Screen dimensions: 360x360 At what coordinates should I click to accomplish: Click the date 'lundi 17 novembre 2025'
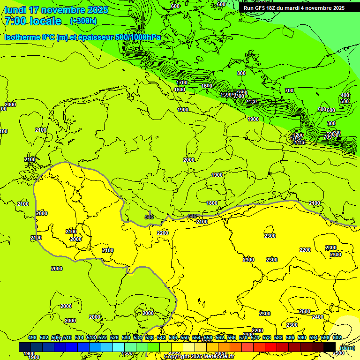pyautogui.click(x=56, y=10)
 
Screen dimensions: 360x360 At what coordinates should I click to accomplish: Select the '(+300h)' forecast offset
pyautogui.click(x=83, y=21)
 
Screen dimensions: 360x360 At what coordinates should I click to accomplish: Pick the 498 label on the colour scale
pyautogui.click(x=32, y=337)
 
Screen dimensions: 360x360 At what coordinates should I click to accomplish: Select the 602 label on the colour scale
pyautogui.click(x=337, y=337)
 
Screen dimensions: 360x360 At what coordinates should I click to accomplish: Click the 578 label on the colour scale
pyautogui.click(x=267, y=337)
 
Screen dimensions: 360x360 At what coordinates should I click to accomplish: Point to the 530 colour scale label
pyautogui.click(x=126, y=337)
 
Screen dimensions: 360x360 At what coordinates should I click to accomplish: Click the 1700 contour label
pyautogui.click(x=182, y=82)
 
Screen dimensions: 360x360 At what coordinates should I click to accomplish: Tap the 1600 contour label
pyautogui.click(x=207, y=86)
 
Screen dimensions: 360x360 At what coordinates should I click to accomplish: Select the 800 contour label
pyautogui.click(x=241, y=73)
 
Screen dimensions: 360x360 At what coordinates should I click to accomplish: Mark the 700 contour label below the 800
pyautogui.click(x=289, y=90)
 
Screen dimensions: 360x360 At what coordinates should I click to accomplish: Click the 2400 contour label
pyautogui.click(x=317, y=317)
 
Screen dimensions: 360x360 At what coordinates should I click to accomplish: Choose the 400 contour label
pyautogui.click(x=345, y=95)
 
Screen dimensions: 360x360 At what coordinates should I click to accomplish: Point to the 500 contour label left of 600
pyautogui.click(x=322, y=109)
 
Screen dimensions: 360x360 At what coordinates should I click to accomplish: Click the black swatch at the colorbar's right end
pyautogui.click(x=330, y=347)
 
